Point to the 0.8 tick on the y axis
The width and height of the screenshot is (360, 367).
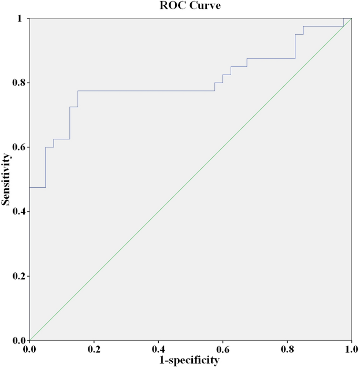click(x=18, y=83)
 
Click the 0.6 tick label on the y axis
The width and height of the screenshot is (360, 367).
click(x=18, y=147)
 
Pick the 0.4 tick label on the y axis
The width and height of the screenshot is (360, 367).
click(x=18, y=211)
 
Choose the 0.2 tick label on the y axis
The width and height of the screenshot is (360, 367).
click(x=18, y=276)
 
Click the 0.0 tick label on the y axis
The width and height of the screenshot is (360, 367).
click(x=18, y=340)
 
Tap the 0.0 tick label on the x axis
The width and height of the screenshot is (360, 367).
click(x=29, y=349)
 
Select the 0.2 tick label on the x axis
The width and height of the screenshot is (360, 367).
click(x=94, y=349)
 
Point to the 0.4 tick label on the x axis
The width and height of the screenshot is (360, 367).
click(x=158, y=349)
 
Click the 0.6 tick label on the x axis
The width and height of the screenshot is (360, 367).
click(x=222, y=349)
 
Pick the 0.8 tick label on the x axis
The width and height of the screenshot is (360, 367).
click(x=287, y=349)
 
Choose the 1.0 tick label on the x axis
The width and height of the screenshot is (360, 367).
click(x=351, y=349)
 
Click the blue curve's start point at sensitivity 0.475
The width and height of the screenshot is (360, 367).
click(x=29, y=187)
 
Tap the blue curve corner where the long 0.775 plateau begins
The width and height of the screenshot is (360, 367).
click(x=78, y=91)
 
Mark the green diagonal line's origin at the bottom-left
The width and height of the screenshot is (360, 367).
click(x=29, y=340)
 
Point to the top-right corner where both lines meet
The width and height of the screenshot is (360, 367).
click(x=351, y=18)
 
